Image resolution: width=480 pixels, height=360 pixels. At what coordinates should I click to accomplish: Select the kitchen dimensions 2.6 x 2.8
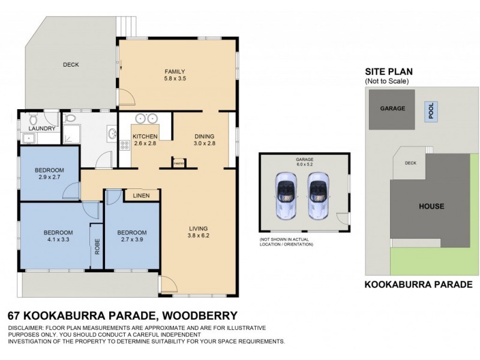145,144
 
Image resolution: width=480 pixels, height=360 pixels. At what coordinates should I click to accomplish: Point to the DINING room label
204,136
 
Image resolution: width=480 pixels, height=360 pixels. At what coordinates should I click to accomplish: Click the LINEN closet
142,195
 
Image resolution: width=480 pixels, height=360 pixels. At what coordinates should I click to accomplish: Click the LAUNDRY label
42,128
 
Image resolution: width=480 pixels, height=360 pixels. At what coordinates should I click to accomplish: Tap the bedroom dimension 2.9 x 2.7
50,178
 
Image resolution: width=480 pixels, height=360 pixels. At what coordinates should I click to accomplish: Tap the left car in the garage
285,196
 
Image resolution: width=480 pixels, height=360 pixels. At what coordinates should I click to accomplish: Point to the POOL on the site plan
430,110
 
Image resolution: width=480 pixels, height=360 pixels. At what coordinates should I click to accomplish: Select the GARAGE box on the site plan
392,109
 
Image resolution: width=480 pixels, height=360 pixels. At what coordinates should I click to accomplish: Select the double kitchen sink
146,118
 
